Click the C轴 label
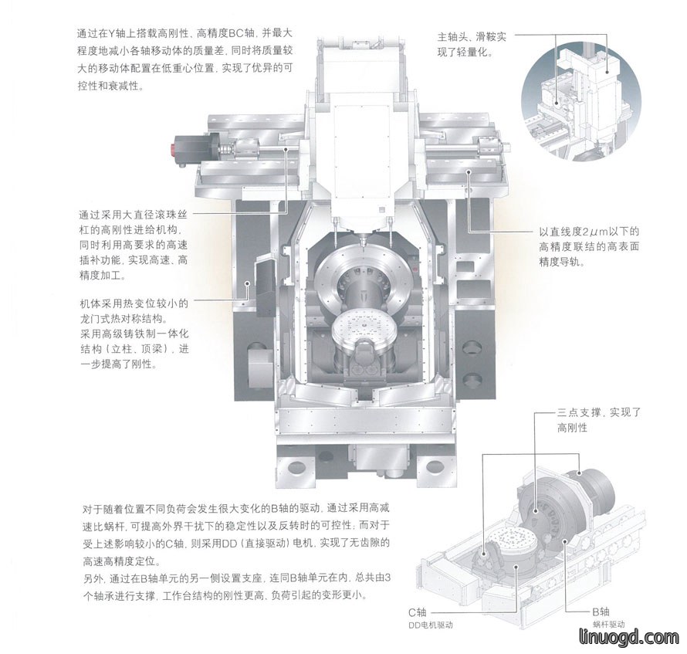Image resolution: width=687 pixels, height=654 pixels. point(417,612)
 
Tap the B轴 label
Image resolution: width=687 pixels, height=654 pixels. point(601,612)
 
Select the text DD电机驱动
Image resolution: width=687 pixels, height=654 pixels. point(430,625)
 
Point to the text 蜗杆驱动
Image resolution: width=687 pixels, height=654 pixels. point(608,625)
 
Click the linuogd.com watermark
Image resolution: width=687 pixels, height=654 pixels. point(629,638)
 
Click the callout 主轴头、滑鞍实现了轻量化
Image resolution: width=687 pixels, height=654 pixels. point(472,44)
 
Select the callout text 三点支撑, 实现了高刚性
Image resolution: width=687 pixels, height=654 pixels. point(599,420)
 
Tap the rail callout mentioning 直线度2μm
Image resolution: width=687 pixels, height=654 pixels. point(589,247)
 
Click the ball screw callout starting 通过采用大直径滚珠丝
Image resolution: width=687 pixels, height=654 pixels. point(134,245)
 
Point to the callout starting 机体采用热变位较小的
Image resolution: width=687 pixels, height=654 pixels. point(134,334)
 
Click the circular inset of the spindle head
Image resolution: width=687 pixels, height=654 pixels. point(581,103)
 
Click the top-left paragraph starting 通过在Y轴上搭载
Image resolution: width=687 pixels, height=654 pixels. point(185,59)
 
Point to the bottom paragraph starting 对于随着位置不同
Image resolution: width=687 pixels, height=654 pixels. point(237,552)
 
